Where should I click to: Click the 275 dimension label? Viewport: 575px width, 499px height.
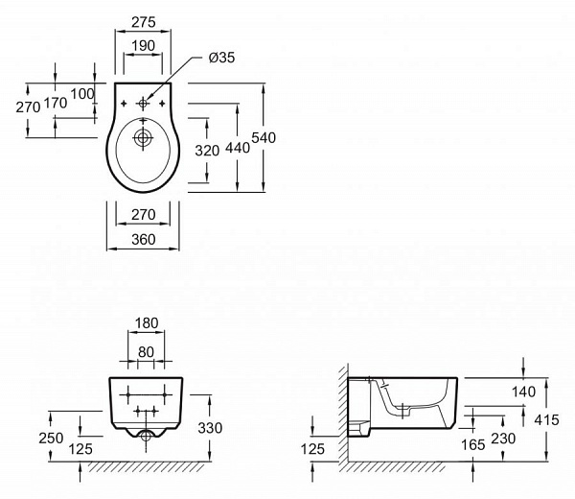point(144,22)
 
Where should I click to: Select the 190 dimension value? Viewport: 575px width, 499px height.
point(143,46)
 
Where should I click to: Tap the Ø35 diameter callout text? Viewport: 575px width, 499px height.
point(221,58)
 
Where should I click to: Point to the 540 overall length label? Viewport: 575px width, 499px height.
point(264,137)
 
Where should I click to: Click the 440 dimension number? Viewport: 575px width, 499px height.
point(238,148)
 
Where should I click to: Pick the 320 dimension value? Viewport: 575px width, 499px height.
point(207,151)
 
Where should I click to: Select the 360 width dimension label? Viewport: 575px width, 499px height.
point(144,239)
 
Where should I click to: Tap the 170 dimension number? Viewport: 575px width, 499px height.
point(56,104)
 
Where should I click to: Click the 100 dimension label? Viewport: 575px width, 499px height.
point(82,94)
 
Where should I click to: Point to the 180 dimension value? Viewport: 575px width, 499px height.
point(147,323)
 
